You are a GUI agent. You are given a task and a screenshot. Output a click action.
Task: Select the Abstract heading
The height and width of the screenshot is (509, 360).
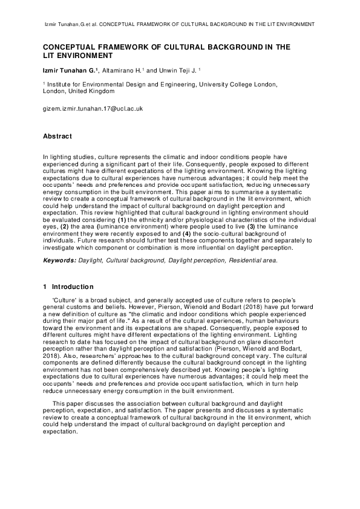(x=57, y=136)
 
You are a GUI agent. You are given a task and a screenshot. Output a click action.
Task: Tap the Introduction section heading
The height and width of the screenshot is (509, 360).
(x=73, y=286)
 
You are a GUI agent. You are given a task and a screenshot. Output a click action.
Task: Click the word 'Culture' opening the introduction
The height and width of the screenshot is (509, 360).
(x=65, y=300)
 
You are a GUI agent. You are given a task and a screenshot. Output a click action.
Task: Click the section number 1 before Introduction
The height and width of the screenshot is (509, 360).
(x=45, y=286)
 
